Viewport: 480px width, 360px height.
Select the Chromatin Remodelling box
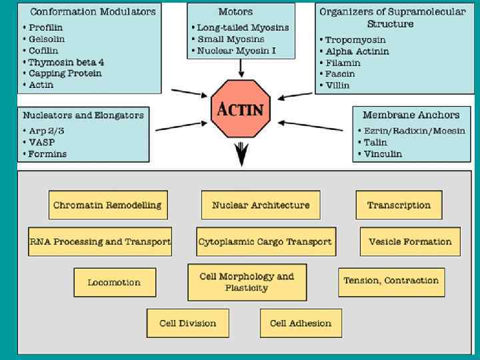(107, 205)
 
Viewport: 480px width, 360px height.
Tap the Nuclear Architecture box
(261, 205)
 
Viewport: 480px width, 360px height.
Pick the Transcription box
(399, 205)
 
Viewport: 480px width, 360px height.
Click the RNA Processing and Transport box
(100, 242)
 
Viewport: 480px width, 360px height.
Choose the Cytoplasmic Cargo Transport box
(265, 242)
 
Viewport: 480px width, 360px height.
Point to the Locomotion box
(115, 282)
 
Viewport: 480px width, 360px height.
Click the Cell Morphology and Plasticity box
(247, 281)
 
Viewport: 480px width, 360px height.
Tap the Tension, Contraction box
(391, 281)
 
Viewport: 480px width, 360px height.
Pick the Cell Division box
(188, 323)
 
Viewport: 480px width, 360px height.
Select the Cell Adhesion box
(301, 323)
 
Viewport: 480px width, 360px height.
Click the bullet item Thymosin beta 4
(67, 62)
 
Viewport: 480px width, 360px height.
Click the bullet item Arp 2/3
(47, 131)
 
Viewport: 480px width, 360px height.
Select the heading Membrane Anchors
(411, 115)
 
